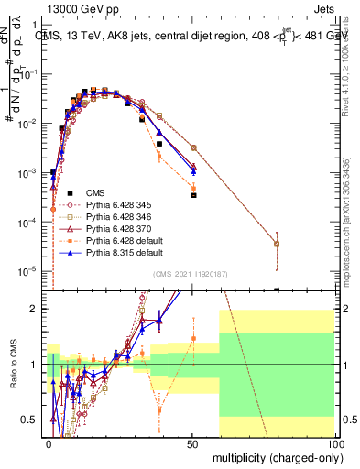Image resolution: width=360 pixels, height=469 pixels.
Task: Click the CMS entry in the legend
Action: (95, 192)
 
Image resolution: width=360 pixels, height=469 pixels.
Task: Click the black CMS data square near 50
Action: (193, 195)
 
